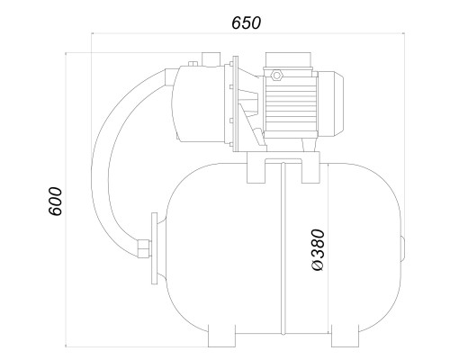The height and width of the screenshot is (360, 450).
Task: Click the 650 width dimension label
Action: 246,22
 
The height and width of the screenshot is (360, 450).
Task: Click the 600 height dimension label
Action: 55,202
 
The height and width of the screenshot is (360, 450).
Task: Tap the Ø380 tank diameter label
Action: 318,250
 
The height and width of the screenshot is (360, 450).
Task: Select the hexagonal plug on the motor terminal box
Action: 276,75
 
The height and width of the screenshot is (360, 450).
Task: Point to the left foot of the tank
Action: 221,336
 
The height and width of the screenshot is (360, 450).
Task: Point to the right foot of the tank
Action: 345,336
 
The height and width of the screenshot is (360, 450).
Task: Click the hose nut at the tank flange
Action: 143,248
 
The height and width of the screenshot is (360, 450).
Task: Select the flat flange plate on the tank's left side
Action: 155,248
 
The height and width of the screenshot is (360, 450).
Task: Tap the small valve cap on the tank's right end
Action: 403,248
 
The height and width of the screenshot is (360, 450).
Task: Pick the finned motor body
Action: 290,104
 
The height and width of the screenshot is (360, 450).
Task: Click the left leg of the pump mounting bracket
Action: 256,171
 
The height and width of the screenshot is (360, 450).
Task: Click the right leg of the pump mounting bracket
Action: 310,171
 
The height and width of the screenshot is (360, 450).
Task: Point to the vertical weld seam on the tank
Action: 283,249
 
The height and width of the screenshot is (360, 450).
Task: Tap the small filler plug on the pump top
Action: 193,64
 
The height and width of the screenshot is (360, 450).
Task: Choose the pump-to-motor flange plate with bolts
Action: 235,103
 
